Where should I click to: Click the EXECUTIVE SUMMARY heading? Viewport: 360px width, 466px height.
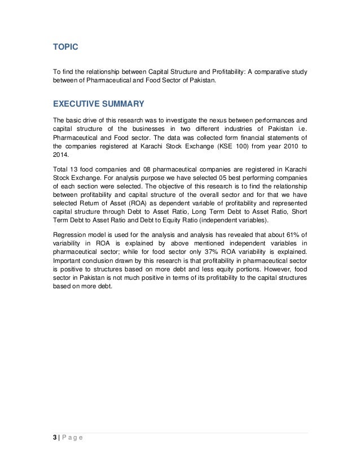98,104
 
